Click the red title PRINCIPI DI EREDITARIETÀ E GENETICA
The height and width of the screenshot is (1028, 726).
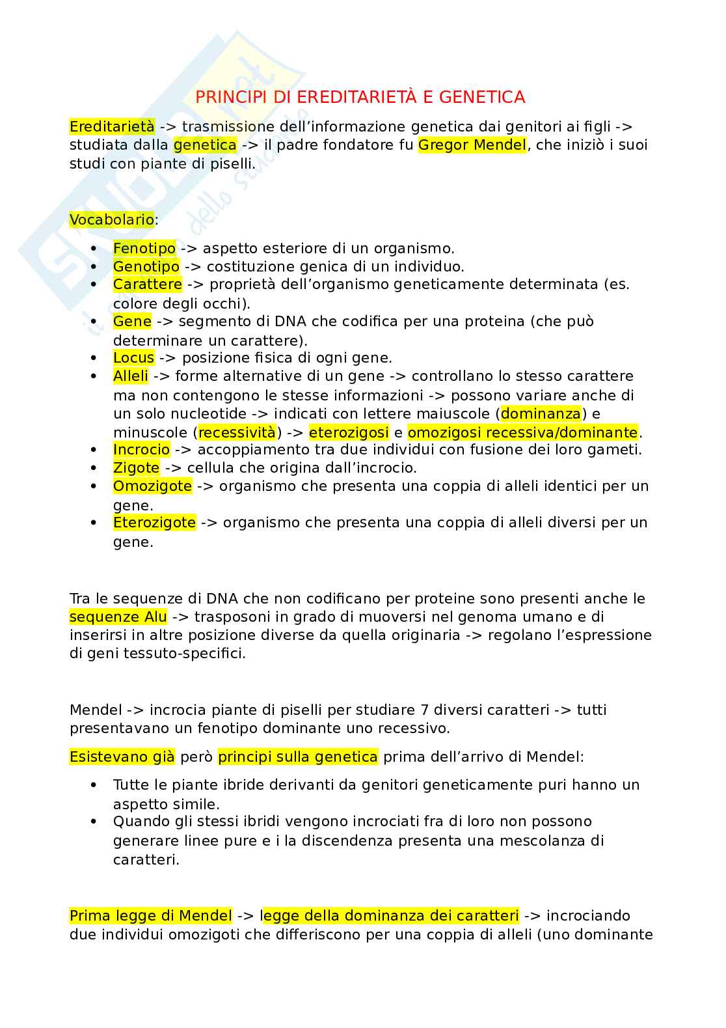(x=360, y=97)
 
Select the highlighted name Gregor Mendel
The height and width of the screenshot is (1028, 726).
(x=472, y=145)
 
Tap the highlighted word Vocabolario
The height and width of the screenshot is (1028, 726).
(x=112, y=219)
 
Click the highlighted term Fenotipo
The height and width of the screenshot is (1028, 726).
(x=144, y=248)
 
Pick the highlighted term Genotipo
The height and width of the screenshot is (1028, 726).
(x=146, y=266)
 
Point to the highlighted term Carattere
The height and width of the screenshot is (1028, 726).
(x=148, y=285)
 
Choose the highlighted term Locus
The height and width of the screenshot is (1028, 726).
(x=133, y=357)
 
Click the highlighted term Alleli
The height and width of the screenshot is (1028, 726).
(x=131, y=376)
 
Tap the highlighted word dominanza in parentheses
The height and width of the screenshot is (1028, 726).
(x=541, y=413)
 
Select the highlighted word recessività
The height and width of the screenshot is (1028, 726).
(x=237, y=432)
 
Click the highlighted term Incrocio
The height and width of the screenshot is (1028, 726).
(x=141, y=449)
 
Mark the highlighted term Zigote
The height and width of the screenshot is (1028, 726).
(x=136, y=467)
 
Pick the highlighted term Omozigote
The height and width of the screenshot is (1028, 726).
(x=152, y=486)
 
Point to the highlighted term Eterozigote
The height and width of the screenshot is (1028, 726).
(x=154, y=522)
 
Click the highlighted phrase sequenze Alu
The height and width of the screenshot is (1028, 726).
(x=118, y=617)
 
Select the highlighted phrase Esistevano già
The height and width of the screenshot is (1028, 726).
(x=122, y=757)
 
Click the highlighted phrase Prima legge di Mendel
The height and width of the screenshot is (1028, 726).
(x=151, y=915)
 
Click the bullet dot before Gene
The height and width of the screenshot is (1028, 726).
(x=95, y=322)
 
